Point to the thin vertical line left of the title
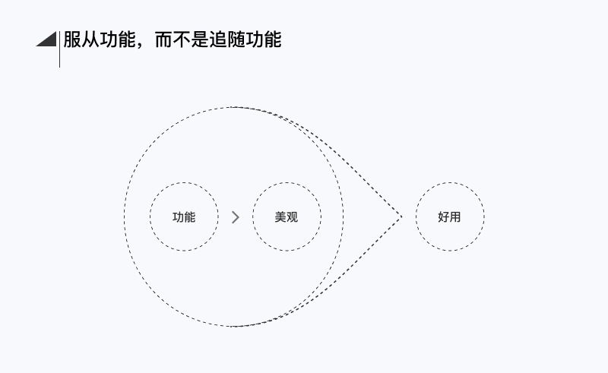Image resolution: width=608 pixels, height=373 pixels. pyautogui.click(x=59, y=49)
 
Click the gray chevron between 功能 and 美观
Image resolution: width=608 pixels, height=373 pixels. pyautogui.click(x=236, y=217)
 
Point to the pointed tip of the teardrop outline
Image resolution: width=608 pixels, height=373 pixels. pyautogui.click(x=401, y=217)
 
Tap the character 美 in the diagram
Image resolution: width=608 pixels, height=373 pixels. pyautogui.click(x=280, y=217)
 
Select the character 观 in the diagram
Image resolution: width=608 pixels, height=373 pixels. pyautogui.click(x=293, y=217)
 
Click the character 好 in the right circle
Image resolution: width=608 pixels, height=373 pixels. pyautogui.click(x=444, y=217)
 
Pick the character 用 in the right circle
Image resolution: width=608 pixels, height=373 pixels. pyautogui.click(x=455, y=217)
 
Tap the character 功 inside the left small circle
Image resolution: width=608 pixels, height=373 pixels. pyautogui.click(x=178, y=217)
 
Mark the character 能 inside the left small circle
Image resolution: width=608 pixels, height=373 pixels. pyautogui.click(x=190, y=217)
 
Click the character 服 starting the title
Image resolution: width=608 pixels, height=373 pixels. pyautogui.click(x=71, y=40)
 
